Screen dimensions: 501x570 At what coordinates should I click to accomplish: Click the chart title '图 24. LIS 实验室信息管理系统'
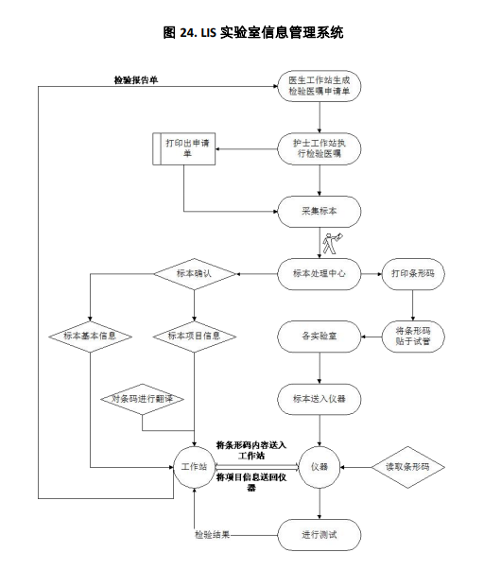[253, 32]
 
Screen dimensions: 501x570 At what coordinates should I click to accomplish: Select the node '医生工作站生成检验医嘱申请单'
[320, 86]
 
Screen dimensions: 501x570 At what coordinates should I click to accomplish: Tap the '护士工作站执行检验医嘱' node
[320, 148]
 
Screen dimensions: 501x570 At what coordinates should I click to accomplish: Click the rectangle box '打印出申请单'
[184, 148]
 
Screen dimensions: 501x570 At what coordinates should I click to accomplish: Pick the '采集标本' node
[320, 212]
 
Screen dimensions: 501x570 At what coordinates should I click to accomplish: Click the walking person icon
[333, 243]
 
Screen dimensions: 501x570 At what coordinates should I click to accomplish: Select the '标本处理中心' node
[320, 274]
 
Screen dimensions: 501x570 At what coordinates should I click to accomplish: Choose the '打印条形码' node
[413, 274]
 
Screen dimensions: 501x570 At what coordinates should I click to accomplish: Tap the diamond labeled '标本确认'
[195, 274]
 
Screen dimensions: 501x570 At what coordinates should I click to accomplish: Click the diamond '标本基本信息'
[90, 337]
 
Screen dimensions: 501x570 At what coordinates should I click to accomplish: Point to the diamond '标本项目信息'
[195, 337]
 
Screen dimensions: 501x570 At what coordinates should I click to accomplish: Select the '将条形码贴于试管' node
[413, 337]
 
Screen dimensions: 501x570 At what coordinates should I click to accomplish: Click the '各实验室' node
[320, 337]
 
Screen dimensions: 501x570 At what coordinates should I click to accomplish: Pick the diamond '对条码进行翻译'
[142, 399]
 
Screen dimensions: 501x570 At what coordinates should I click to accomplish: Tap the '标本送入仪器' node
[320, 399]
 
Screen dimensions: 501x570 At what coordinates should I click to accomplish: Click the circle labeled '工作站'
[195, 467]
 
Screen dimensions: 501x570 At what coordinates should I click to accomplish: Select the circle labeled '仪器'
[320, 467]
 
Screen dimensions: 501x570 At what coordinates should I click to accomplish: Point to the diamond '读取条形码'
[408, 467]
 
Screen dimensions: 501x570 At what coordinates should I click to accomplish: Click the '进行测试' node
[320, 535]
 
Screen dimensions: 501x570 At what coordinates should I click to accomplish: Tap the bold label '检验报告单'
[136, 80]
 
